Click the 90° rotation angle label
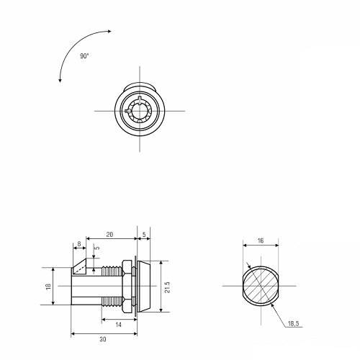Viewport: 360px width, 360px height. click(84, 56)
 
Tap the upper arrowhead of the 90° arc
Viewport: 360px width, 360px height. click(109, 31)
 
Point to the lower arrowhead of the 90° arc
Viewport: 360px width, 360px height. click(60, 81)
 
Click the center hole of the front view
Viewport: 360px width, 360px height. click(140, 111)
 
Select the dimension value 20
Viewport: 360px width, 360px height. click(109, 235)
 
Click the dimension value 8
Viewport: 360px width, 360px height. click(79, 244)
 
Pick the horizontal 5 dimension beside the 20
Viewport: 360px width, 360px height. click(144, 235)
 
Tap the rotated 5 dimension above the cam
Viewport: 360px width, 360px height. click(97, 248)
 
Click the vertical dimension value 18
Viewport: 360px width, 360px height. click(48, 286)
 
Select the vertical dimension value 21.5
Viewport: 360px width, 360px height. click(167, 287)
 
